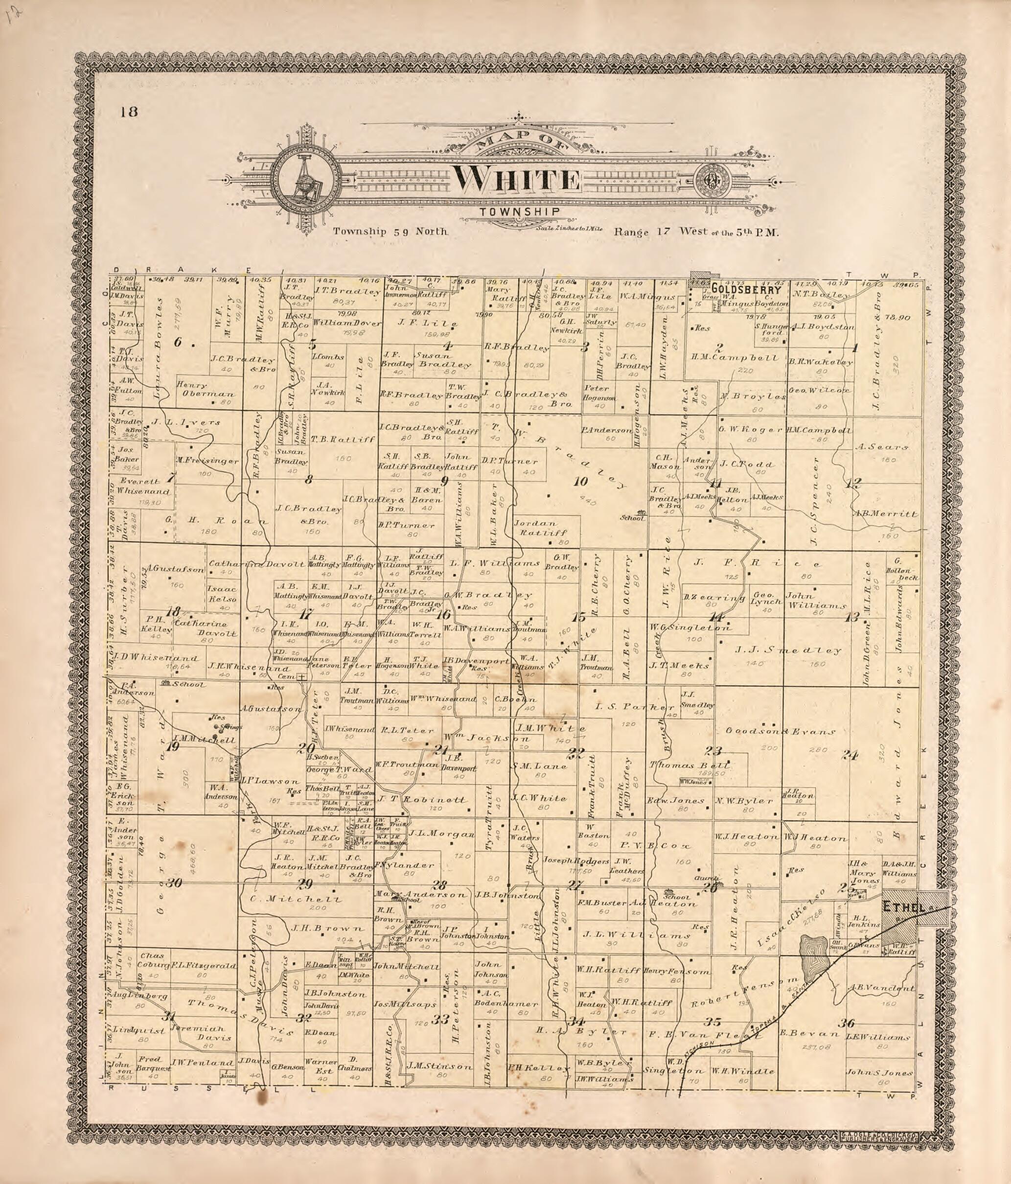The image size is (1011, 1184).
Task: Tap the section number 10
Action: (581, 482)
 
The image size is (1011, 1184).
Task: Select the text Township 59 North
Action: (391, 232)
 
